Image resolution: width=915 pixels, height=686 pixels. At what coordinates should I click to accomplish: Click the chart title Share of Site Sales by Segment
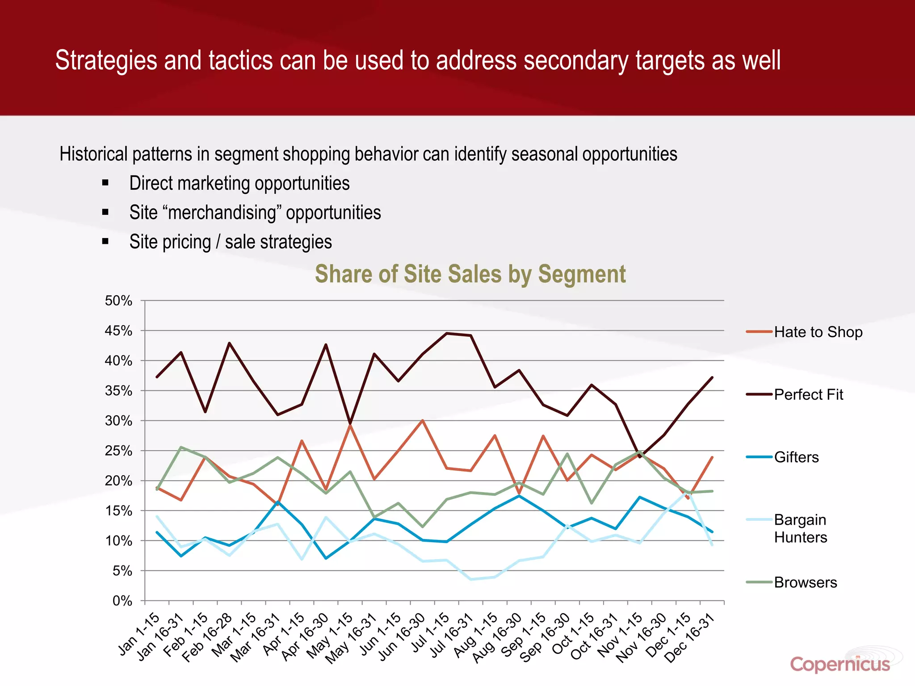(470, 274)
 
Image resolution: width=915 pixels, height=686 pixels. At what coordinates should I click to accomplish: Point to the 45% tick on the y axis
(119, 331)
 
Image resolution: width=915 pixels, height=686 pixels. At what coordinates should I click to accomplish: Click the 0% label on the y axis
(122, 601)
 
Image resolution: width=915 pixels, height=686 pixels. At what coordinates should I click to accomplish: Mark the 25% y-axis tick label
(119, 451)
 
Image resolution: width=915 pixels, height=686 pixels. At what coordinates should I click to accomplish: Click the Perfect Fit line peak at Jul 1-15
(446, 333)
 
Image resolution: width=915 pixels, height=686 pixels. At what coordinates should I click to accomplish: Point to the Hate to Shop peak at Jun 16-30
(422, 420)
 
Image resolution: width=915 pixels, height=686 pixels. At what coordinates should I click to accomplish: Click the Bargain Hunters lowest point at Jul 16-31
(470, 579)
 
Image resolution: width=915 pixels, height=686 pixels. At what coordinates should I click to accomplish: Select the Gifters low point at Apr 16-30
(326, 558)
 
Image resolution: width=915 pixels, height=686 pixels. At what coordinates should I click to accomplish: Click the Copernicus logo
(840, 664)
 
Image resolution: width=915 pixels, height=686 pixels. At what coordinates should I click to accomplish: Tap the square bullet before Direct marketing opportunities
(105, 183)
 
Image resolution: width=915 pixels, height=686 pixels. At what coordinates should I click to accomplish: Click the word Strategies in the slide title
(106, 60)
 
